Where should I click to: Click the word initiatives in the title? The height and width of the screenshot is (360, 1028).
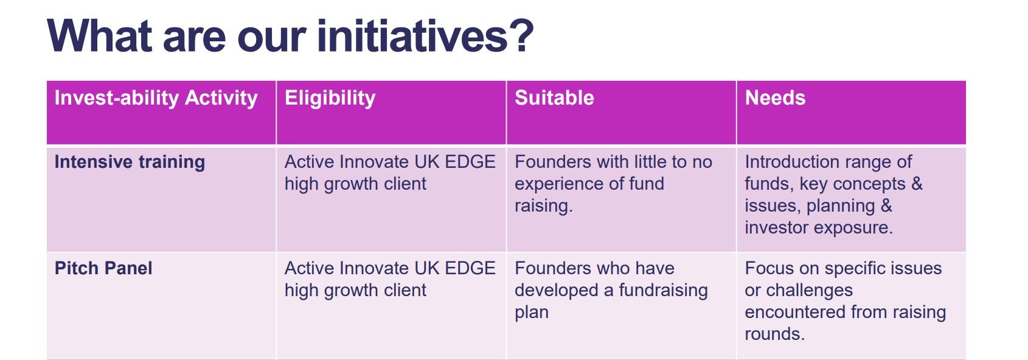tap(412, 36)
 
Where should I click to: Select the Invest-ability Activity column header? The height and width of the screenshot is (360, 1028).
tap(156, 99)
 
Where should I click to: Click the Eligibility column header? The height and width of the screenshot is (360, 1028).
tap(330, 99)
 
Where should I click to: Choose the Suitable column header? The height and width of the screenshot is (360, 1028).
tap(554, 98)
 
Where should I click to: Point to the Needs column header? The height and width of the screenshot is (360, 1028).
tap(775, 98)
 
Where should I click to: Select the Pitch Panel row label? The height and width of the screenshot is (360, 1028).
tap(103, 268)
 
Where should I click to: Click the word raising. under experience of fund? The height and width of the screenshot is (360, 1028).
tap(544, 206)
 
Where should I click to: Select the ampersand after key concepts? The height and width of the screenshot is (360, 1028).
tap(917, 184)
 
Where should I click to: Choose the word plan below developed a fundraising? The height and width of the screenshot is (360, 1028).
tap(532, 313)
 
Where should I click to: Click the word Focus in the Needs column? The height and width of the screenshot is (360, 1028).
tap(768, 268)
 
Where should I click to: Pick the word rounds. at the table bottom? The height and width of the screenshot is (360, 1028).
tap(775, 334)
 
